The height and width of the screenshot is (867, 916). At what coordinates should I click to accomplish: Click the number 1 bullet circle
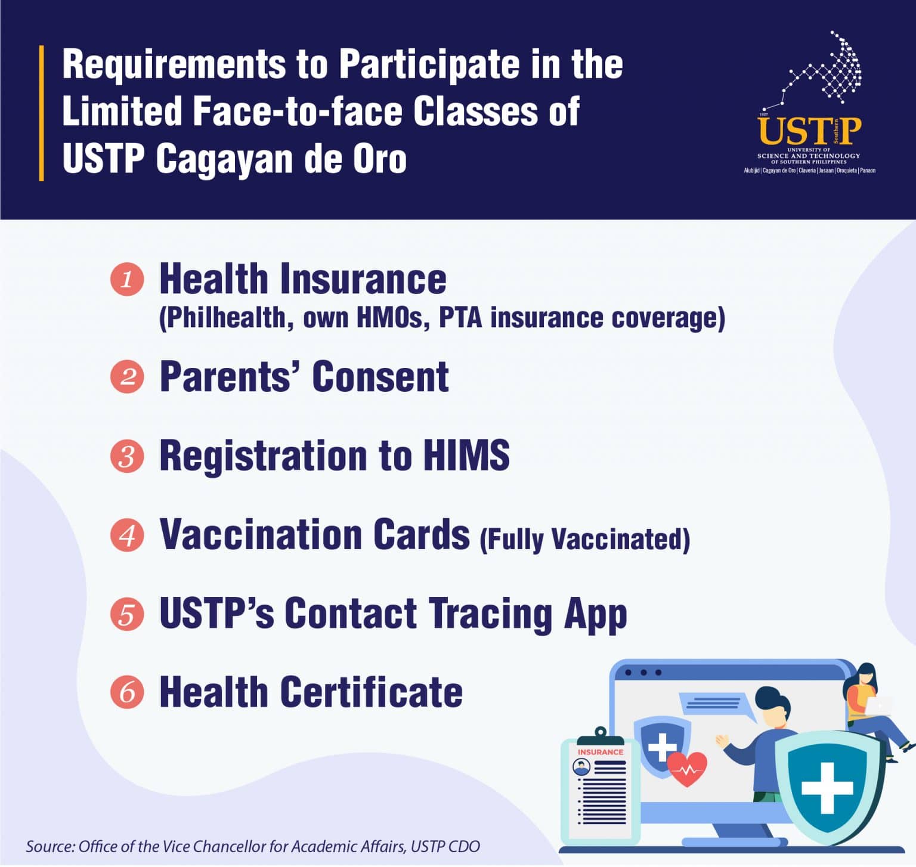click(127, 280)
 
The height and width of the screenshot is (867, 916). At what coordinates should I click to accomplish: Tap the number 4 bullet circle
click(127, 535)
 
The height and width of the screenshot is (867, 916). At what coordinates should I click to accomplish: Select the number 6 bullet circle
click(127, 692)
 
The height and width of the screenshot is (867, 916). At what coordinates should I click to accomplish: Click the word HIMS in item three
click(466, 456)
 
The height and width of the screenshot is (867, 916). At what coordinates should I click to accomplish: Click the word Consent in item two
click(380, 377)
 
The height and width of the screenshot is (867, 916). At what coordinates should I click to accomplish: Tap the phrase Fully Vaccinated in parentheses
click(585, 539)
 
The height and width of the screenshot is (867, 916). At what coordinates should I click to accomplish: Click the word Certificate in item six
click(371, 692)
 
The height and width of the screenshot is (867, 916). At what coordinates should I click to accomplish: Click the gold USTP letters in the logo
click(809, 131)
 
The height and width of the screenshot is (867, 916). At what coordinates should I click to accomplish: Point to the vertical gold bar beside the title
click(41, 113)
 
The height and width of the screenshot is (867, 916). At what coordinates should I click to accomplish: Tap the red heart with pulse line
click(687, 769)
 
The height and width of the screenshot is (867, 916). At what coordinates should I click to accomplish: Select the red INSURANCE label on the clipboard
click(600, 753)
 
